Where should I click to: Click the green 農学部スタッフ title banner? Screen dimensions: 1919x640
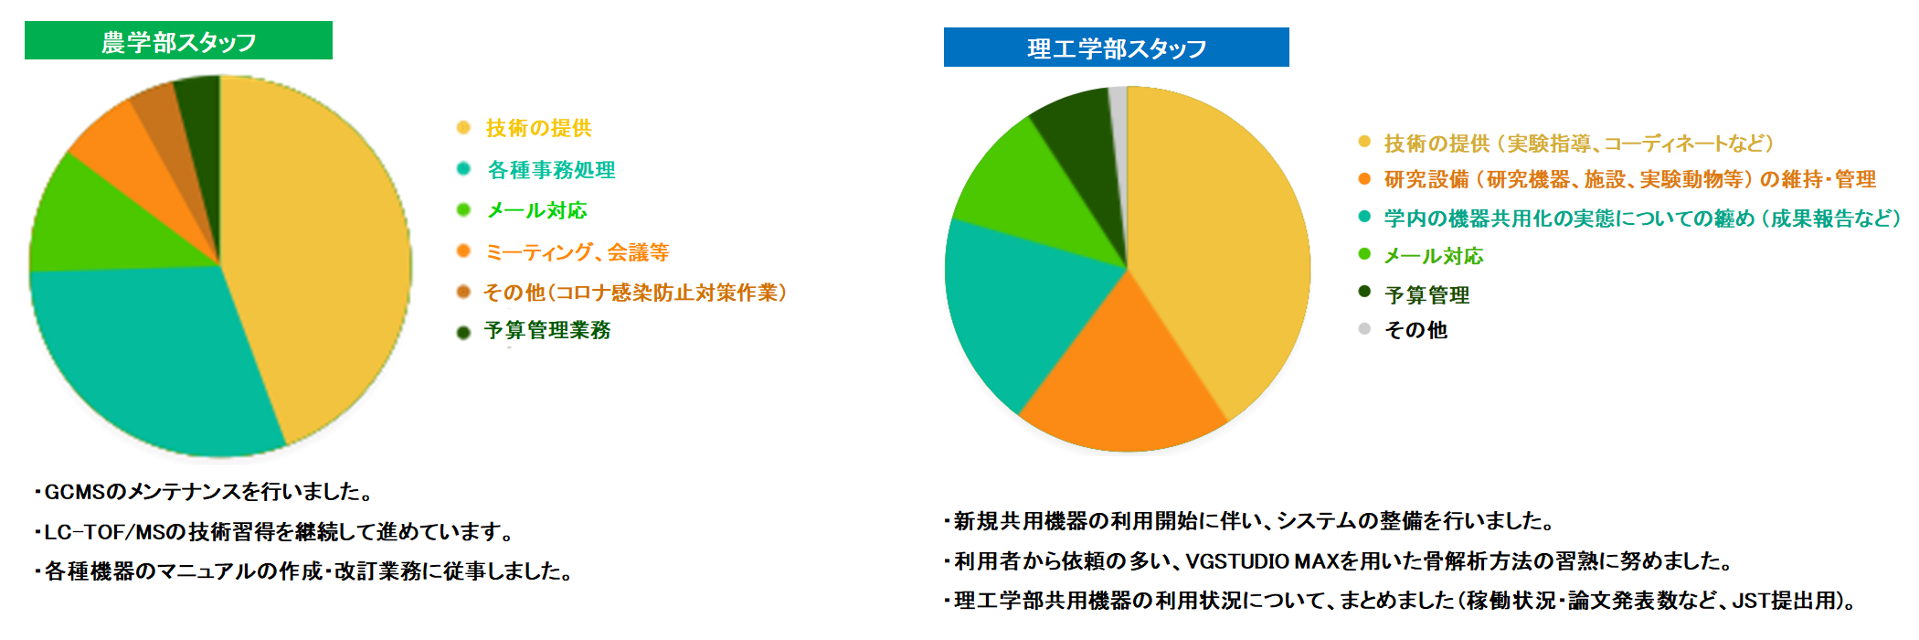click(178, 40)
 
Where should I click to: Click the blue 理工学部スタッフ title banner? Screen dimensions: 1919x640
click(1116, 48)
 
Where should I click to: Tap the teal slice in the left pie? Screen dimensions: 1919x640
click(146, 357)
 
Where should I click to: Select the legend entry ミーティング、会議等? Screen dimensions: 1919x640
click(563, 251)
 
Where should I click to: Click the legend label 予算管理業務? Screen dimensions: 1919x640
click(535, 330)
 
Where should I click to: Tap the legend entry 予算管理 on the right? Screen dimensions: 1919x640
click(1415, 294)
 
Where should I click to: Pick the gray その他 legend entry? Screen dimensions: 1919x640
click(1403, 329)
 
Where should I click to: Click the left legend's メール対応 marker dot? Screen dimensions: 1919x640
click(463, 210)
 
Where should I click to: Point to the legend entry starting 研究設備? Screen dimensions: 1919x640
click(1617, 179)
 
